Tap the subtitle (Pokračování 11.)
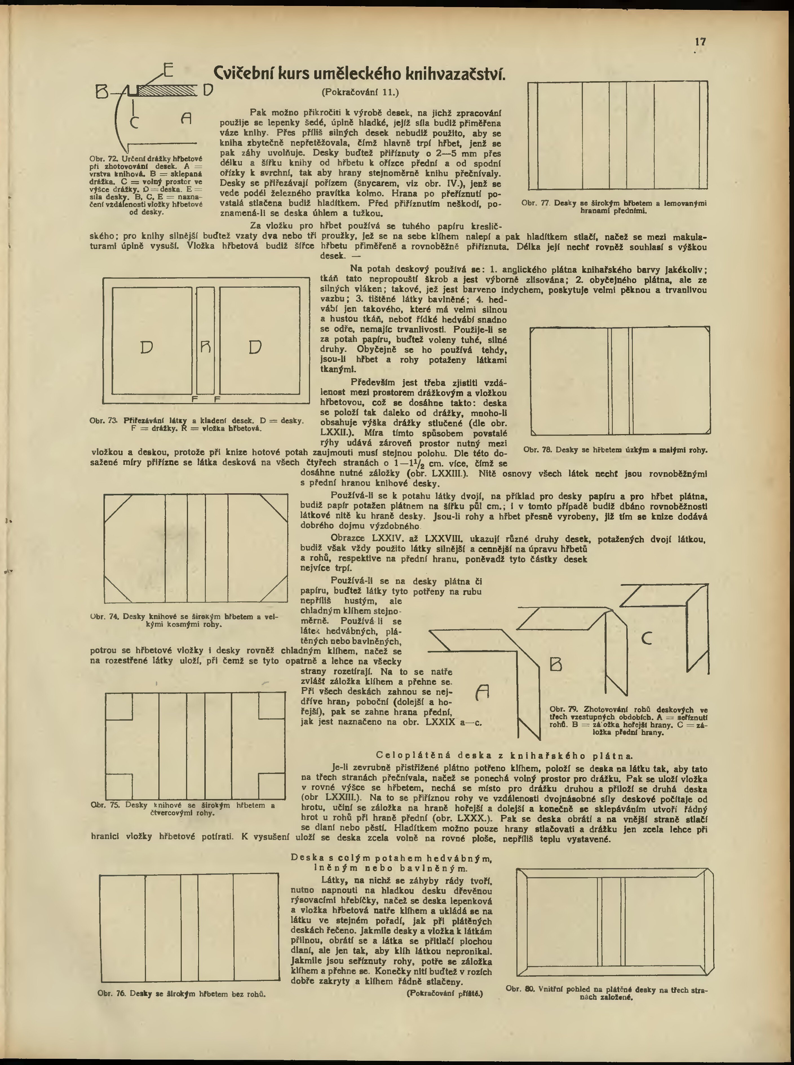pos(359,91)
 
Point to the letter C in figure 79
pos(647,638)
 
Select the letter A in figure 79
pos(482,692)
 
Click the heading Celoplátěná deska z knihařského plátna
pos(504,756)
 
